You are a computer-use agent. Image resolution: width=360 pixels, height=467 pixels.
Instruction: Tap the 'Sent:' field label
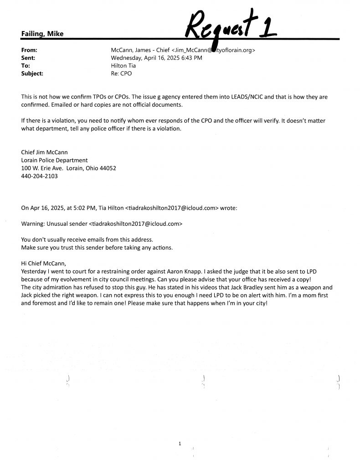click(x=28, y=58)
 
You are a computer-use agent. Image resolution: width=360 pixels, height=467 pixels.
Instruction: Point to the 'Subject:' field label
click(x=32, y=73)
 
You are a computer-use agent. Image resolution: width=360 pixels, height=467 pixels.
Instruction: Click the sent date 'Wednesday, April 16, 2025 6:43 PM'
click(x=157, y=58)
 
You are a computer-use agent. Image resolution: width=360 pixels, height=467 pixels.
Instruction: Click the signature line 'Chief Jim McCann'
click(x=44, y=153)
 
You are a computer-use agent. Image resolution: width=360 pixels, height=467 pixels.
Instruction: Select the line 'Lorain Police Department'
click(x=54, y=160)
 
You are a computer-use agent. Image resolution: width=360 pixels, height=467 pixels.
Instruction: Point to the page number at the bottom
click(x=180, y=443)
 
